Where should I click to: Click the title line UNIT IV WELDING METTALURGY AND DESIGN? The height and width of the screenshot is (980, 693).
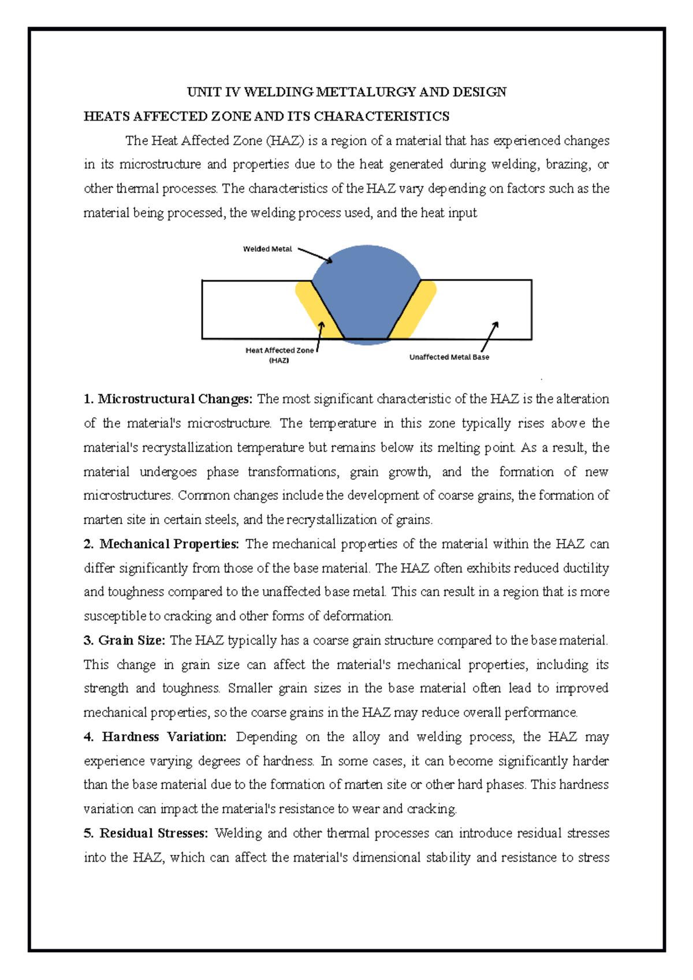point(346,92)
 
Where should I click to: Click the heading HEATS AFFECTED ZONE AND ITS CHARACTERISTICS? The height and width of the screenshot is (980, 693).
point(266,117)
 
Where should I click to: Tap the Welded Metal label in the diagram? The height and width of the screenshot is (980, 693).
point(267,249)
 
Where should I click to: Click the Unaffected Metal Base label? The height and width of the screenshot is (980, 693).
point(449,357)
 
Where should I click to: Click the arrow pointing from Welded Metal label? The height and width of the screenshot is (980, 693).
point(315,256)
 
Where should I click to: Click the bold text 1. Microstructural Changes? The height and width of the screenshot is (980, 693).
point(168,399)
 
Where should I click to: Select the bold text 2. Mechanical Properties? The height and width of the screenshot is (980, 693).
point(161,544)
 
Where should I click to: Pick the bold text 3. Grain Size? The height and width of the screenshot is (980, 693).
point(124,641)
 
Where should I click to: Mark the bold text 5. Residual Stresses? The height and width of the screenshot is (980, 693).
point(146,833)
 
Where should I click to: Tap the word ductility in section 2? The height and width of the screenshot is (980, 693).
point(584,568)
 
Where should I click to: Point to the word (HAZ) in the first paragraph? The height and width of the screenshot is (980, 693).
point(285,141)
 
